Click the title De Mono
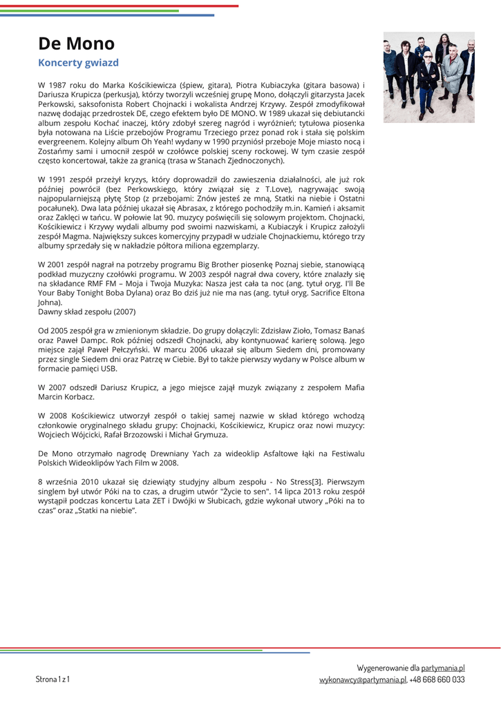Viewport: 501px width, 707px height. pos(76,43)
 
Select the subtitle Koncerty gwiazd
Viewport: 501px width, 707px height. pos(78,63)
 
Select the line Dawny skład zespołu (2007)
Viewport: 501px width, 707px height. pos(86,312)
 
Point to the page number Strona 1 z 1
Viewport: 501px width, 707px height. pos(53,679)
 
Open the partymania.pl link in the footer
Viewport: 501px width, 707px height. pos(443,668)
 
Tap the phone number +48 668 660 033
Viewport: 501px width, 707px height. pos(437,680)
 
